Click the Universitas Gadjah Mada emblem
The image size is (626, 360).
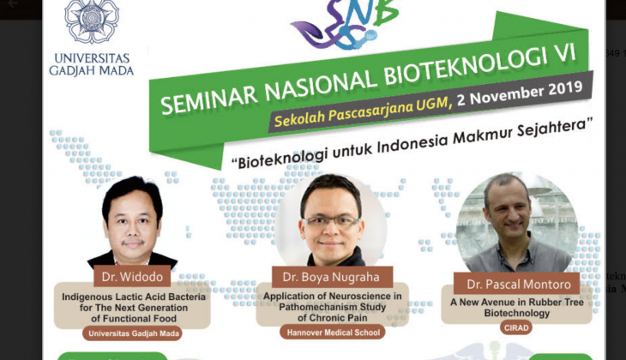[92, 20]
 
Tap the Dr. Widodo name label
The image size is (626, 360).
[132, 277]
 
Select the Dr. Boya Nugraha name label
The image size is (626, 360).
[332, 277]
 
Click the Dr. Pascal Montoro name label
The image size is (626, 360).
[518, 284]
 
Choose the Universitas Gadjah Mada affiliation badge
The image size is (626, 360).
[133, 333]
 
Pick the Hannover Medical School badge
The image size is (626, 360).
[333, 332]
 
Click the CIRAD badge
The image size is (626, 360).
[516, 327]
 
